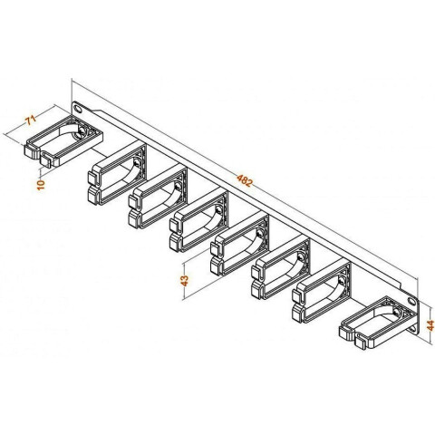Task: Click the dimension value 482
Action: pyautogui.click(x=244, y=180)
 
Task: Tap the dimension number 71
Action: pyautogui.click(x=31, y=120)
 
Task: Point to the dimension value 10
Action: pyautogui.click(x=41, y=185)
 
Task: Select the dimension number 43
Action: pyautogui.click(x=184, y=280)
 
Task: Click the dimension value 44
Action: pyautogui.click(x=430, y=325)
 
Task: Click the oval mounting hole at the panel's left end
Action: pyautogui.click(x=78, y=109)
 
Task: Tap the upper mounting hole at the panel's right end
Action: pyautogui.click(x=411, y=301)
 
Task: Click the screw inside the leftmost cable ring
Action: pyautogui.click(x=82, y=130)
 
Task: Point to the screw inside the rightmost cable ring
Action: pyautogui.click(x=396, y=312)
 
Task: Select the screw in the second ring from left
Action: pyautogui.click(x=137, y=163)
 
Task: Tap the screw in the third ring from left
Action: pyautogui.click(x=179, y=187)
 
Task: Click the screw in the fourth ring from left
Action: pyautogui.click(x=218, y=209)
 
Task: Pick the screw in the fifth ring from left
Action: pyautogui.click(x=259, y=234)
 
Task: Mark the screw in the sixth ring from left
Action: pyautogui.click(x=301, y=257)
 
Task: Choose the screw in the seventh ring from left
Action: pyautogui.click(x=342, y=281)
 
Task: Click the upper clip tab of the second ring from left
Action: pyautogui.click(x=92, y=179)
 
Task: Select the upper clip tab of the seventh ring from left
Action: pyautogui.click(x=297, y=296)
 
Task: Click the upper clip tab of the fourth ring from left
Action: pyautogui.click(x=174, y=226)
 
